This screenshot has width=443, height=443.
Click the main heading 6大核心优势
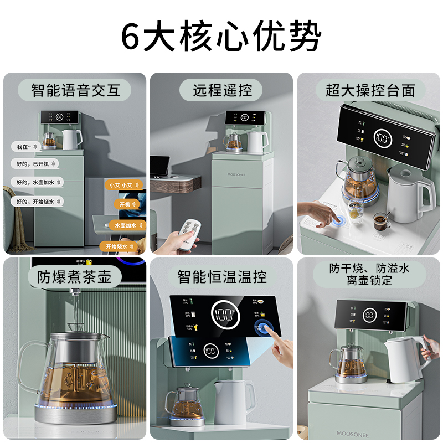pos(221,37)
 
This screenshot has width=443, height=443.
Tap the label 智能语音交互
pos(76,90)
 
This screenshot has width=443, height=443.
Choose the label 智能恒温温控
pos(221,276)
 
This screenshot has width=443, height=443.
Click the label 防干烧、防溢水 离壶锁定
pos(369,274)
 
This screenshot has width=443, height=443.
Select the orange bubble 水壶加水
pos(127,225)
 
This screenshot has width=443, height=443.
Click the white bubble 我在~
pos(25,147)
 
